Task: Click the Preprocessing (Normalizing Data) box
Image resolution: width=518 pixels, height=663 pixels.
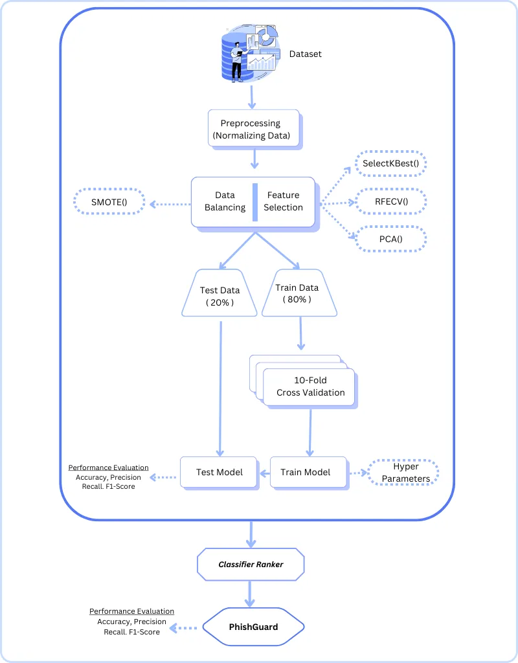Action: pyautogui.click(x=254, y=129)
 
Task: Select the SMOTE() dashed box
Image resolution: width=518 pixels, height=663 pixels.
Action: pyautogui.click(x=109, y=202)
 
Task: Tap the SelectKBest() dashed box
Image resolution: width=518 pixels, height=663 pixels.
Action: pyautogui.click(x=390, y=163)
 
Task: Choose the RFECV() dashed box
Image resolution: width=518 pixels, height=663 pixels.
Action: pyautogui.click(x=391, y=202)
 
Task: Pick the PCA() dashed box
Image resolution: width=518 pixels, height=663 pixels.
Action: pyautogui.click(x=390, y=239)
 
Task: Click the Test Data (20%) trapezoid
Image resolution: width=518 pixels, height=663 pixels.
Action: pyautogui.click(x=220, y=293)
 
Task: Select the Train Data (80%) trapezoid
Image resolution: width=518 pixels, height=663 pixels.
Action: pyautogui.click(x=299, y=293)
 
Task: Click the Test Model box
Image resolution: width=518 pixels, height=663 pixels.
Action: pyautogui.click(x=219, y=472)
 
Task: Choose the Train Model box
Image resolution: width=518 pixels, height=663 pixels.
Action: pyautogui.click(x=309, y=472)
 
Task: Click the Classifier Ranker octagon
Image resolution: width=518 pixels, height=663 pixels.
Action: pyautogui.click(x=251, y=565)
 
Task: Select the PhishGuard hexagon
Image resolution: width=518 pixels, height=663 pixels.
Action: pyautogui.click(x=253, y=627)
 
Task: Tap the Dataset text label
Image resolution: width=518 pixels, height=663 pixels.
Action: pyautogui.click(x=306, y=54)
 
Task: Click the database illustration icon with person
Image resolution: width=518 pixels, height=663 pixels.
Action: pyautogui.click(x=251, y=53)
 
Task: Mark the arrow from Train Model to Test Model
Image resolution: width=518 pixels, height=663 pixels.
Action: pyautogui.click(x=264, y=473)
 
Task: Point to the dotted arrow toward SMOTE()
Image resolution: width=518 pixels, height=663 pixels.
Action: pyautogui.click(x=170, y=204)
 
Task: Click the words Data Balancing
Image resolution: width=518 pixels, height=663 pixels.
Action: pyautogui.click(x=225, y=201)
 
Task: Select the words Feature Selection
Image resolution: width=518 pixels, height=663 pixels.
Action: pyautogui.click(x=284, y=201)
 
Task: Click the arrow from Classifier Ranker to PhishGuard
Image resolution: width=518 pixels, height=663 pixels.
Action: pyautogui.click(x=250, y=594)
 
